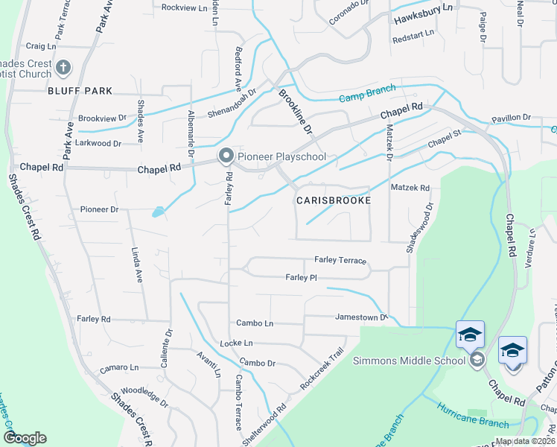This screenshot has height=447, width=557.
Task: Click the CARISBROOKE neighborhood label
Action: [x=333, y=200]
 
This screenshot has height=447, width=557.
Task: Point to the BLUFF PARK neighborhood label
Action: [x=80, y=91]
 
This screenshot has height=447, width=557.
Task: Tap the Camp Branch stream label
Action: [x=367, y=95]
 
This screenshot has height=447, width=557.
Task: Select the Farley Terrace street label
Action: [x=340, y=260]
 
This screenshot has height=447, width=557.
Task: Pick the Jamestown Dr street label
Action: [x=362, y=317]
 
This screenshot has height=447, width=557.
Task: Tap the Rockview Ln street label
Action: [x=183, y=7]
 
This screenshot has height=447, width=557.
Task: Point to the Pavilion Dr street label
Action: [x=511, y=118]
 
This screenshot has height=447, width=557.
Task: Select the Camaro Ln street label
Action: [x=119, y=367]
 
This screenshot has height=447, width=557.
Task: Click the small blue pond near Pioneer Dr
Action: [x=159, y=212]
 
